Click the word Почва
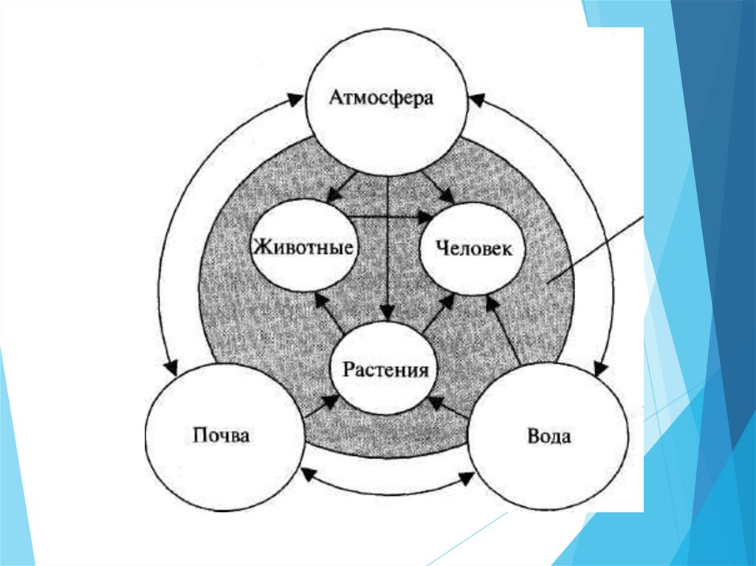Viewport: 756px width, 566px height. coord(221,435)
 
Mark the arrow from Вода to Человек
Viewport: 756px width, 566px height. coord(507,332)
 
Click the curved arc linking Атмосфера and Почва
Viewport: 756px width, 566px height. coord(180,221)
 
